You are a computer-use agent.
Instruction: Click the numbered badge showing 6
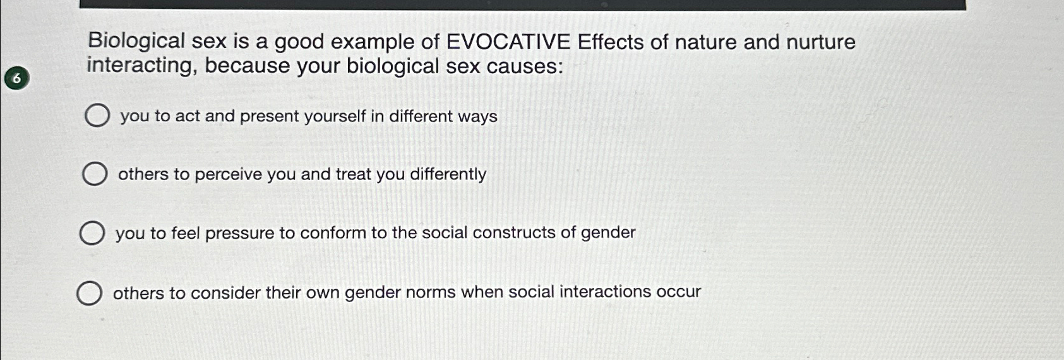coord(17,78)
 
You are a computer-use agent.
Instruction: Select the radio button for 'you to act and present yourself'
coord(97,116)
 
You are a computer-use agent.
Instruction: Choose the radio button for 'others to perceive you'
coord(95,174)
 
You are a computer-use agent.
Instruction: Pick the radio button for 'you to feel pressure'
coord(92,232)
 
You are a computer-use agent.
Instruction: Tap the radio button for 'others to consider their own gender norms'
coord(89,293)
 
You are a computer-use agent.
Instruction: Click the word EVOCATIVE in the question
coord(508,42)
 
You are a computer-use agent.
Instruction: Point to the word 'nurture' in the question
coord(821,42)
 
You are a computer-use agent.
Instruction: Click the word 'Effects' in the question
coord(611,42)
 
